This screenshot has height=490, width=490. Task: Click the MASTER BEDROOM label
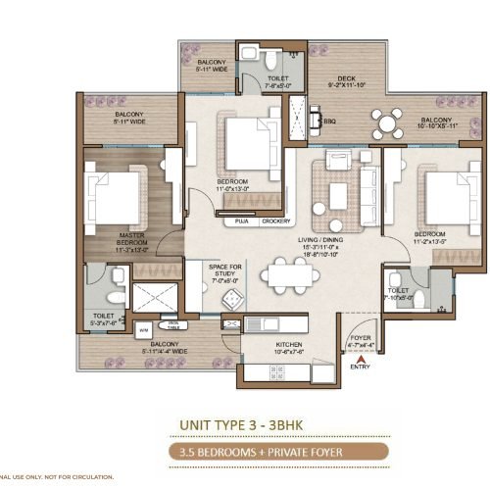coord(132,236)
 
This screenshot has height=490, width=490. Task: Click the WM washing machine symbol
coord(143,331)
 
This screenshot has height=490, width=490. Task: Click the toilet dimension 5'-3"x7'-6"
coord(104,322)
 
